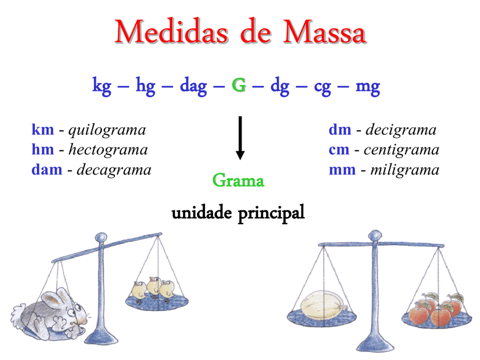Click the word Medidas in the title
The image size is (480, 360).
(x=171, y=31)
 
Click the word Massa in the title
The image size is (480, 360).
(x=324, y=31)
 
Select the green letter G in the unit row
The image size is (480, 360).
(x=239, y=85)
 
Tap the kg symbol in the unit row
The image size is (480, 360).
(x=102, y=86)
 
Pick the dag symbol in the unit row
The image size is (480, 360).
(x=193, y=86)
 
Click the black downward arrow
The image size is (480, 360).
(x=240, y=138)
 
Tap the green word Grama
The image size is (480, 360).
(x=238, y=180)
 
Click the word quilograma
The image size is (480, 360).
(x=107, y=130)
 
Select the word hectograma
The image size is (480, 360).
(x=108, y=150)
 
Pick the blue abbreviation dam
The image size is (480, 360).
(x=47, y=170)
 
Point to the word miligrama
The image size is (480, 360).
(x=405, y=170)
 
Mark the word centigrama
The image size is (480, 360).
(x=401, y=150)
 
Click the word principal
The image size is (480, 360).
(x=271, y=213)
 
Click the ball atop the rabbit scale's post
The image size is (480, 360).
(x=101, y=237)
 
